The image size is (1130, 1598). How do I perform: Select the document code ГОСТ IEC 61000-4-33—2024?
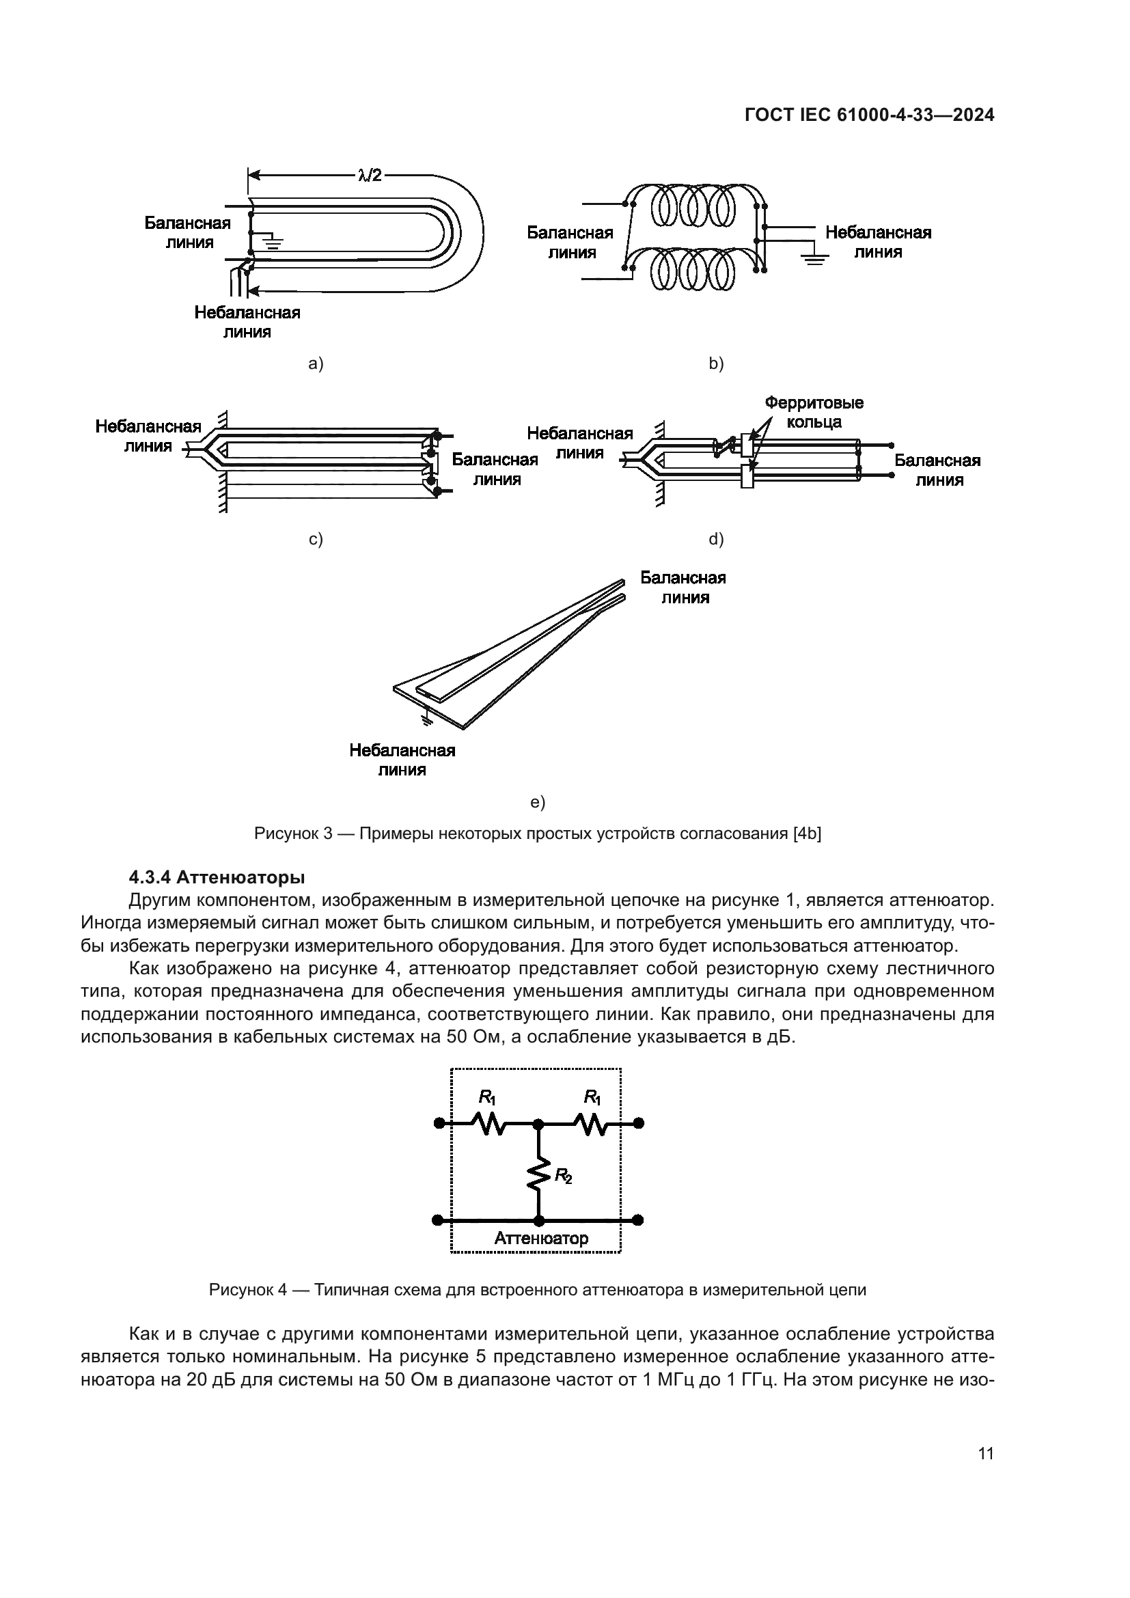coord(869,115)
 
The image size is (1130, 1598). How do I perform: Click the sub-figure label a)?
coord(316,363)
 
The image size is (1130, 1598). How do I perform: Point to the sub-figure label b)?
coord(716,363)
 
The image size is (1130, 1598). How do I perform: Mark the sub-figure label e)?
coord(537,803)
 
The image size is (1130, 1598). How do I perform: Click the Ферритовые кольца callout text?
coord(814,412)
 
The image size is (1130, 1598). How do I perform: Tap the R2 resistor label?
coord(563,1176)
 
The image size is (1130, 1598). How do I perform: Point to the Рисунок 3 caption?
coord(537,833)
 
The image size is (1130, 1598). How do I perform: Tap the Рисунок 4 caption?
coord(537,1290)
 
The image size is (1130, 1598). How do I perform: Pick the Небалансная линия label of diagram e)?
coord(402,760)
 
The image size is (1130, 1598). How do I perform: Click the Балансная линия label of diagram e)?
coord(683,588)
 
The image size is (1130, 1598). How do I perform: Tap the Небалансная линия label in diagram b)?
coord(878,243)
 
